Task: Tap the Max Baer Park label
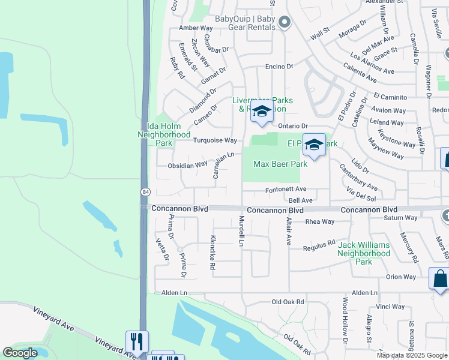tap(280, 164)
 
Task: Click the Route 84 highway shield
tap(146, 192)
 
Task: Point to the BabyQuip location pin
tap(285, 23)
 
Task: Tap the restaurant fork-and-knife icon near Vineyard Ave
tap(137, 342)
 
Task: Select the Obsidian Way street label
tap(187, 164)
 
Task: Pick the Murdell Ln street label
tap(241, 231)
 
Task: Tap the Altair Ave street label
tap(288, 231)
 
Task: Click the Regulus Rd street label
tap(319, 245)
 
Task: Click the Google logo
tap(20, 353)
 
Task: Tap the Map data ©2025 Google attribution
tap(412, 355)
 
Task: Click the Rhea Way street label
tap(319, 221)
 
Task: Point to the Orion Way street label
tap(401, 277)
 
